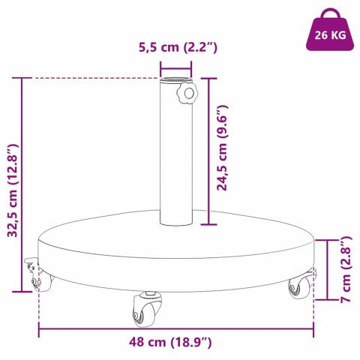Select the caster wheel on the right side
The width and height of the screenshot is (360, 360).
click(x=298, y=286)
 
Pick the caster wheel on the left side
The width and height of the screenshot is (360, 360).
click(x=39, y=278)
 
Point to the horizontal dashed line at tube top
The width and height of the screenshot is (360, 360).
click(x=90, y=77)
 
